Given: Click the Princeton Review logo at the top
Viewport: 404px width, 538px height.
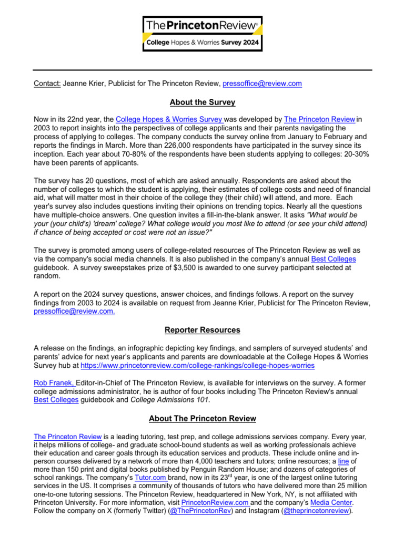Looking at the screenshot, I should [203, 33].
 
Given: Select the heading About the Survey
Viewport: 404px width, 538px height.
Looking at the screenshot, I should [203, 102].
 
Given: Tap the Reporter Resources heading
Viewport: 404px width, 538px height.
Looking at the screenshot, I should [203, 330].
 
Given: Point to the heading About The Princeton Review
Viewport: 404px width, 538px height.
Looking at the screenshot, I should [203, 419].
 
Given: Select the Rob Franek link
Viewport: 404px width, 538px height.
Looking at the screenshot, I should [54, 383].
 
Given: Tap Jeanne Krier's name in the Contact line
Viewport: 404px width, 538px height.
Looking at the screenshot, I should [83, 84].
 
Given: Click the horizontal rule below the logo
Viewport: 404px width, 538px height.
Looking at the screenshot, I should [203, 70].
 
